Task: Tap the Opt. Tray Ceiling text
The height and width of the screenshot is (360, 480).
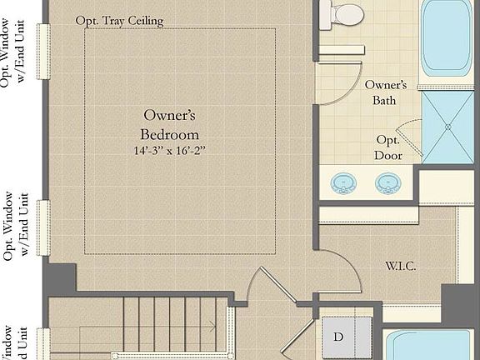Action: coord(119,20)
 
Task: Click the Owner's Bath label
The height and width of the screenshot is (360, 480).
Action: coord(385,92)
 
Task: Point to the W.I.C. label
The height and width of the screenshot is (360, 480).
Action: coord(400,266)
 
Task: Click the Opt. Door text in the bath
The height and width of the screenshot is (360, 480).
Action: coord(388,147)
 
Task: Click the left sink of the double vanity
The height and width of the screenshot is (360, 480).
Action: coord(342,182)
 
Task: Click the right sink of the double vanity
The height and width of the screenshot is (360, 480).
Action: coord(387,182)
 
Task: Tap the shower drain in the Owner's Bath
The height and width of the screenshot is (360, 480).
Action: coord(448,127)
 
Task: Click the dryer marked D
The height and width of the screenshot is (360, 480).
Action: coord(338,337)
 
